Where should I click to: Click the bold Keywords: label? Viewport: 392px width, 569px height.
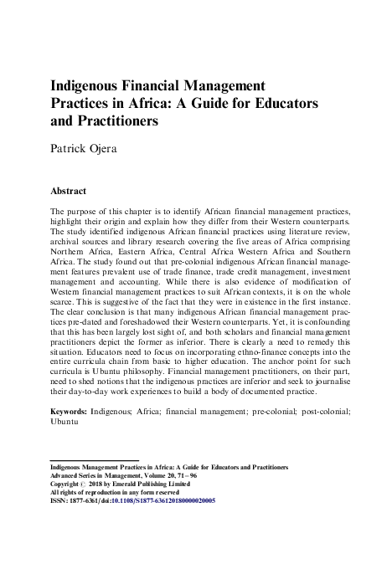pos(72,412)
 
